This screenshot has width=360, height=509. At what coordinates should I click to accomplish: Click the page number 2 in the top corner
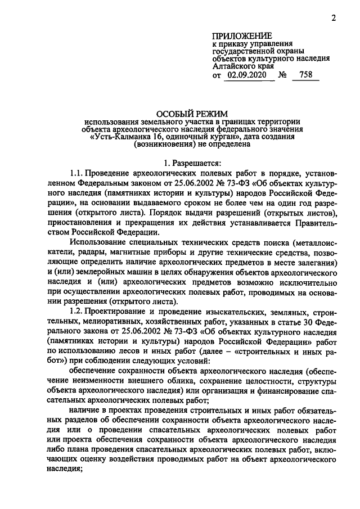point(334,17)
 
